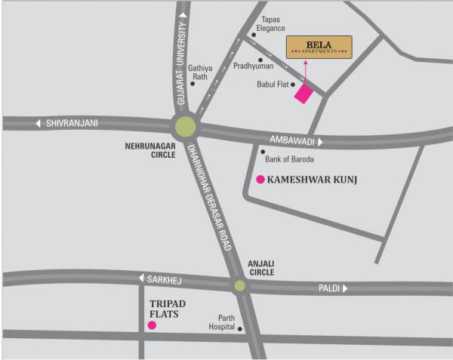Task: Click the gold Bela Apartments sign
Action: pyautogui.click(x=319, y=47)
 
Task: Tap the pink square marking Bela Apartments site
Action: pyautogui.click(x=304, y=94)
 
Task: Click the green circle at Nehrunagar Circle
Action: pyautogui.click(x=185, y=126)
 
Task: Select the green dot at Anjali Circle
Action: pyautogui.click(x=239, y=285)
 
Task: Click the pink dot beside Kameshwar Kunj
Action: pyautogui.click(x=260, y=180)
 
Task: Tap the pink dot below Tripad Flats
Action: pyautogui.click(x=152, y=325)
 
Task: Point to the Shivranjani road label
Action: pyautogui.click(x=72, y=124)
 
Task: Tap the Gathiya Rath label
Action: pyautogui.click(x=199, y=72)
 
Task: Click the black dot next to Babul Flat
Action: pyautogui.click(x=293, y=85)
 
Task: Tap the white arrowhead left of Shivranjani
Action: pyautogui.click(x=38, y=124)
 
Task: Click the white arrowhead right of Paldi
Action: pyautogui.click(x=345, y=288)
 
